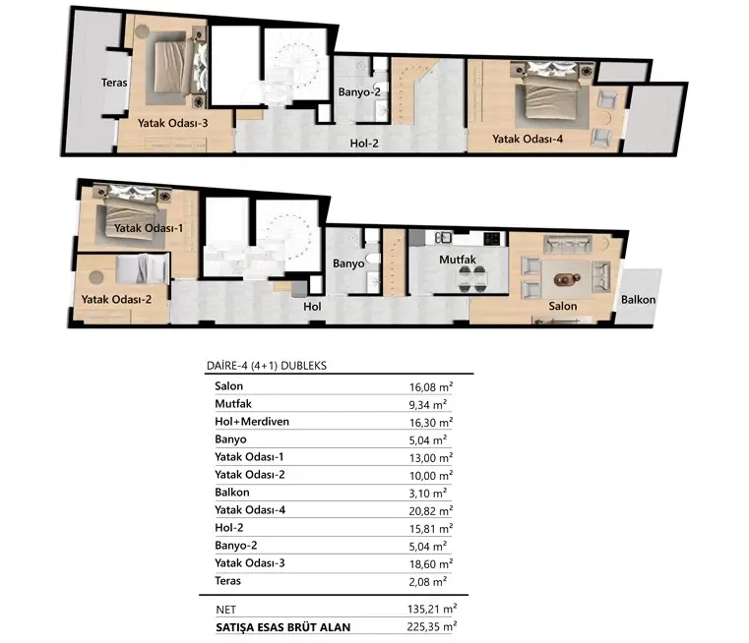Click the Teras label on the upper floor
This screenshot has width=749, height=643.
click(x=114, y=83)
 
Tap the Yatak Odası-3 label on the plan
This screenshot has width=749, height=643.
click(x=173, y=123)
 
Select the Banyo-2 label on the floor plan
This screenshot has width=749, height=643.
click(x=359, y=92)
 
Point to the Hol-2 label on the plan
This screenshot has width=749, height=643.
click(x=364, y=144)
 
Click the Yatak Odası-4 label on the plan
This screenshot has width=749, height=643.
click(x=528, y=139)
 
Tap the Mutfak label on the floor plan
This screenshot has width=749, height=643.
click(x=458, y=260)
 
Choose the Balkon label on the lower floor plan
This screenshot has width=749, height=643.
click(x=638, y=300)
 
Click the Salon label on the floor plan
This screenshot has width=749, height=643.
click(x=563, y=306)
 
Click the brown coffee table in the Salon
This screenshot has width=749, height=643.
click(x=567, y=278)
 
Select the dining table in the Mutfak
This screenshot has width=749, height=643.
click(x=472, y=278)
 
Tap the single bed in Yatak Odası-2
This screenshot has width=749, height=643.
click(x=143, y=268)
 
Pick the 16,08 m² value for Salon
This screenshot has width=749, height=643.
click(x=431, y=386)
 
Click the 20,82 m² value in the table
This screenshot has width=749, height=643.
click(x=431, y=511)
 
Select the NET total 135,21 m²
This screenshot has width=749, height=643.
click(x=432, y=610)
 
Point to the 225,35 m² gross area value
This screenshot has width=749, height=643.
click(x=432, y=626)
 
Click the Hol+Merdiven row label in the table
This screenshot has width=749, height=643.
click(x=252, y=422)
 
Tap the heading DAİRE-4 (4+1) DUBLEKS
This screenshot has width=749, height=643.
click(x=267, y=366)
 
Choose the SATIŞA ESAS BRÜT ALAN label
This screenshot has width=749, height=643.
click(x=282, y=627)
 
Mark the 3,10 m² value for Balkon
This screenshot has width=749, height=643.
click(x=428, y=494)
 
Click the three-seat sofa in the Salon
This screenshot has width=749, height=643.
click(x=567, y=244)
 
